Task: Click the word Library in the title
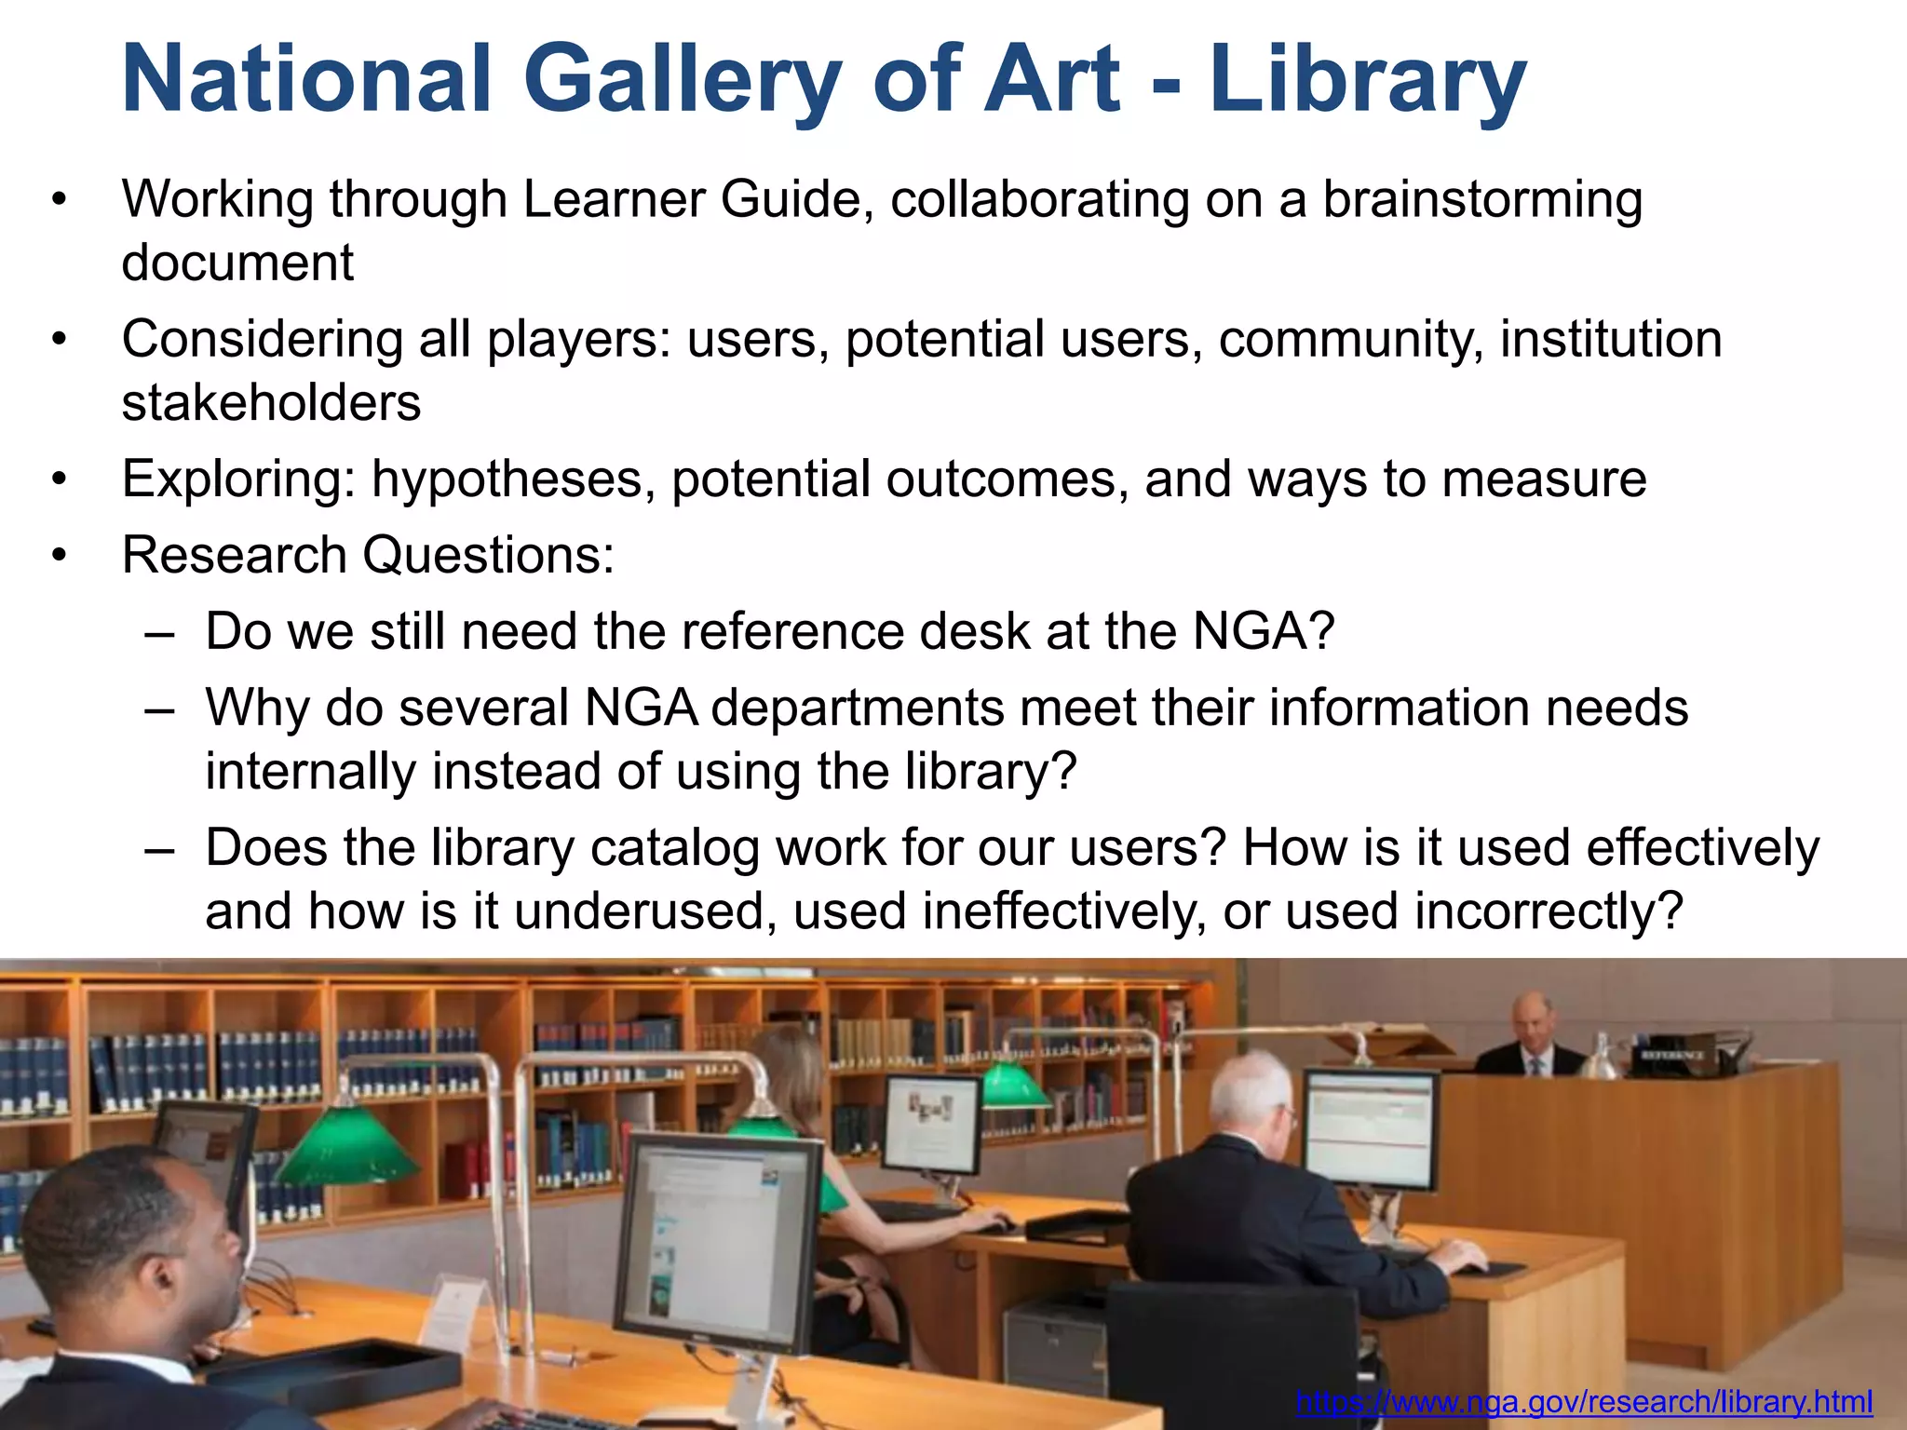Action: click(x=1367, y=82)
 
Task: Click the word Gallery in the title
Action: click(x=683, y=82)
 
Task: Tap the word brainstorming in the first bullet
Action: click(x=1482, y=200)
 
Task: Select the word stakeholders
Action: click(x=271, y=403)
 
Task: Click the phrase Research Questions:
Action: click(x=368, y=556)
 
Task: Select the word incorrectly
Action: click(x=1549, y=912)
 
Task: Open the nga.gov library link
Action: click(x=1583, y=1401)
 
